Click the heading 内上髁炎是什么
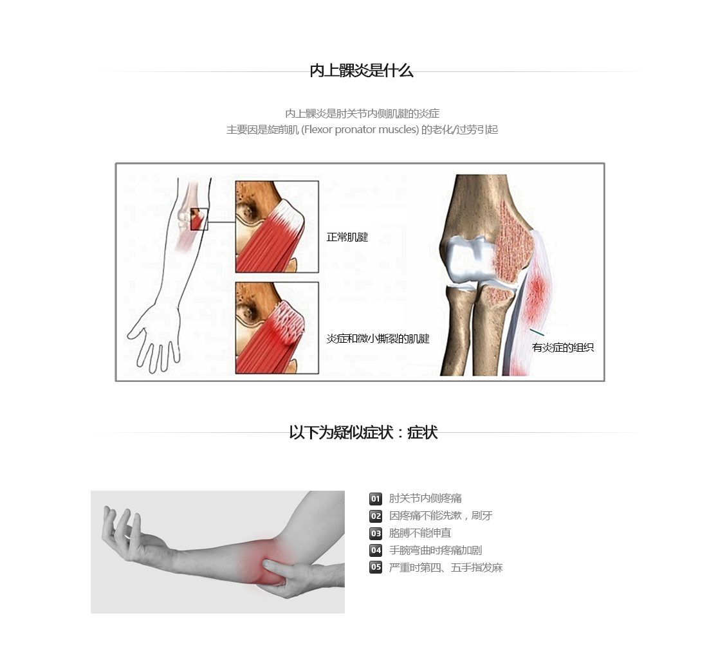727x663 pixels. [361, 71]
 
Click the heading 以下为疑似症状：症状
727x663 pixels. [363, 432]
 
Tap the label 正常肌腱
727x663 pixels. [347, 237]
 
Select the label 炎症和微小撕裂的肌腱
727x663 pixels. [378, 339]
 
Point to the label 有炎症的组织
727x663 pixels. [563, 347]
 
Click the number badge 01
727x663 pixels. [376, 498]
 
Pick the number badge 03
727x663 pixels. [376, 533]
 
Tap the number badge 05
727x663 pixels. [376, 567]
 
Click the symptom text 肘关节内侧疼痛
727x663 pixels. [425, 498]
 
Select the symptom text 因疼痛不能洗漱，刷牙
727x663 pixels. [441, 516]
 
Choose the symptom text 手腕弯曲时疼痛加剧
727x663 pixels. [436, 550]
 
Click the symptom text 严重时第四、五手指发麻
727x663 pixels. [446, 568]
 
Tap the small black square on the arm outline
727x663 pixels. [199, 219]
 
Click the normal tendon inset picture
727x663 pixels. [277, 226]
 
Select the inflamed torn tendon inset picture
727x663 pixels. [277, 327]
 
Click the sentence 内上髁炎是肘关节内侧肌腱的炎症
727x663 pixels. [362, 114]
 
